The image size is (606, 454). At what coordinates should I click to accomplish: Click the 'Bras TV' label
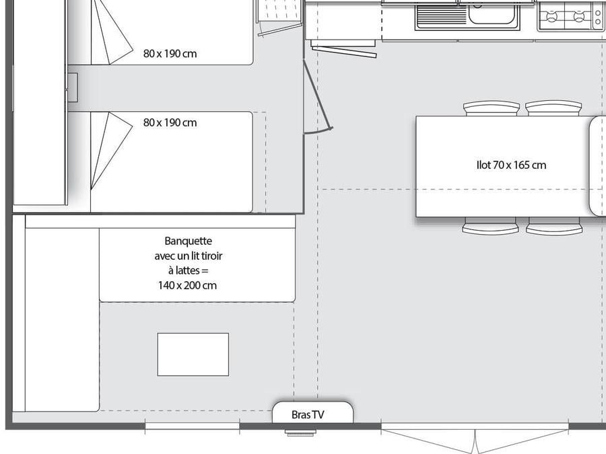tap(308, 415)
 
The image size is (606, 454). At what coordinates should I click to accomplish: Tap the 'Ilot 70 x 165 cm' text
tap(511, 165)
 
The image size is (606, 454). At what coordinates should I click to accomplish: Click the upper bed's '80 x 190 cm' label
tap(170, 54)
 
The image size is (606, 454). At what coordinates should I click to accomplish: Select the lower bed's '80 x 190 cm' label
tap(170, 123)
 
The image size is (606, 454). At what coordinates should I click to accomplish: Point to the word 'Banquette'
tap(189, 241)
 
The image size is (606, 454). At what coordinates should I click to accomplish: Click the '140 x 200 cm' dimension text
tap(187, 286)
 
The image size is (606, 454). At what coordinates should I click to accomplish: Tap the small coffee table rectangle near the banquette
tap(193, 354)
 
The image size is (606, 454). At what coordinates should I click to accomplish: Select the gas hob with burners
tap(571, 16)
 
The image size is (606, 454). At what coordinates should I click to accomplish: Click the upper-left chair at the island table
tap(492, 108)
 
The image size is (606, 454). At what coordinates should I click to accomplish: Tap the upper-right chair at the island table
tap(553, 108)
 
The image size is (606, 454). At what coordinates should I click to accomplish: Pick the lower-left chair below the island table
tap(490, 226)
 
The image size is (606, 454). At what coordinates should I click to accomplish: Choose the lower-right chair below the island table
tap(554, 226)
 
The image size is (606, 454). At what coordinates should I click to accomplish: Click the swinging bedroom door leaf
tap(318, 95)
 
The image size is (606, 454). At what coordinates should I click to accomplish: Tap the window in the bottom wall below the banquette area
tap(192, 426)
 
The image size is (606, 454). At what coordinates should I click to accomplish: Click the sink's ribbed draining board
tap(442, 15)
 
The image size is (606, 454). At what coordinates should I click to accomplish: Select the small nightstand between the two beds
tap(73, 87)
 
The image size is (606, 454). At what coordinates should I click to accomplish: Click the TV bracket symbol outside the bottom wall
tap(301, 432)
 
